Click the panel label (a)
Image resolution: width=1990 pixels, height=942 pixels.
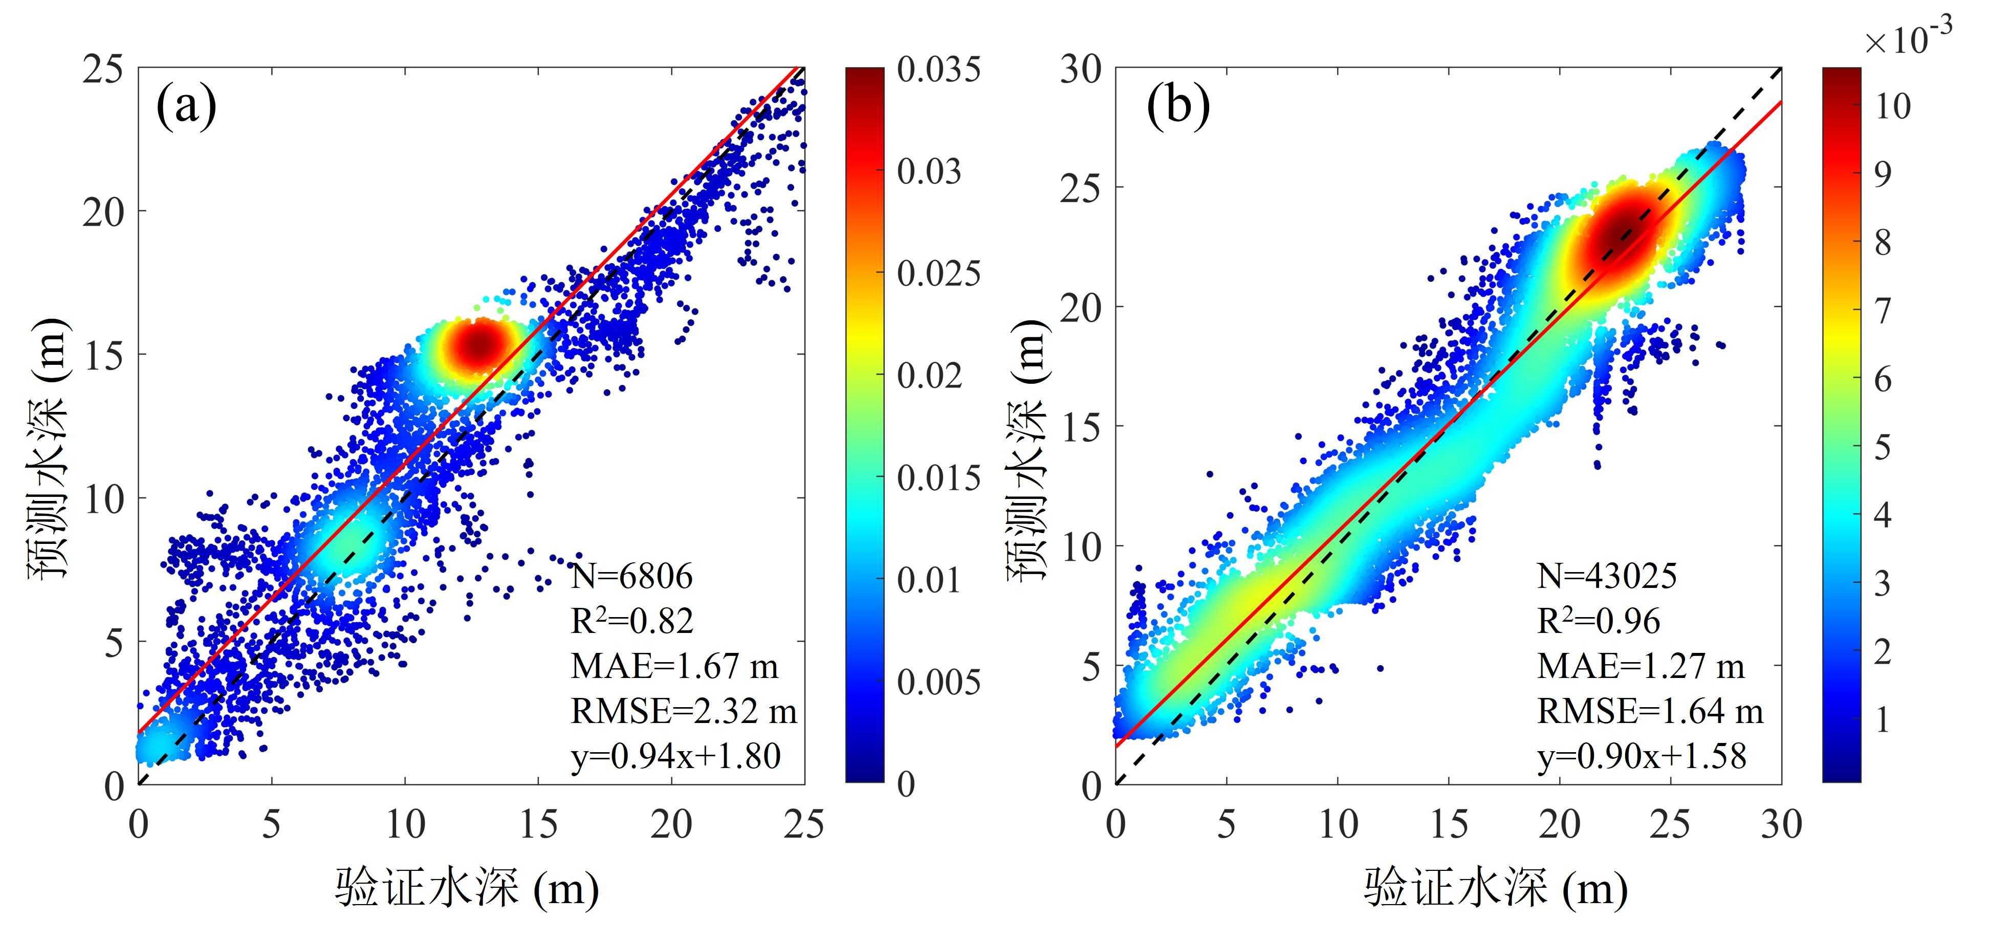pyautogui.click(x=186, y=106)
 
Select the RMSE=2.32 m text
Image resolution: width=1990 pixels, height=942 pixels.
pyautogui.click(x=684, y=711)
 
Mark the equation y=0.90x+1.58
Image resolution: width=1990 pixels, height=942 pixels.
pyautogui.click(x=1642, y=756)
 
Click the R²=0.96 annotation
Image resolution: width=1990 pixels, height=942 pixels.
pyautogui.click(x=1598, y=621)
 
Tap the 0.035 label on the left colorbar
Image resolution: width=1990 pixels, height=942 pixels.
pyautogui.click(x=938, y=70)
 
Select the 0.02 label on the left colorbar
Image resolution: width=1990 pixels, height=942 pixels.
pyautogui.click(x=929, y=376)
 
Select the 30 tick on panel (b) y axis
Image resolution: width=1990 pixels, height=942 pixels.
pyautogui.click(x=1080, y=70)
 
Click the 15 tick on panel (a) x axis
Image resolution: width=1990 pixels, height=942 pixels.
pyautogui.click(x=538, y=824)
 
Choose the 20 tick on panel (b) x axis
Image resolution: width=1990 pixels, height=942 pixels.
pyautogui.click(x=1559, y=824)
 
